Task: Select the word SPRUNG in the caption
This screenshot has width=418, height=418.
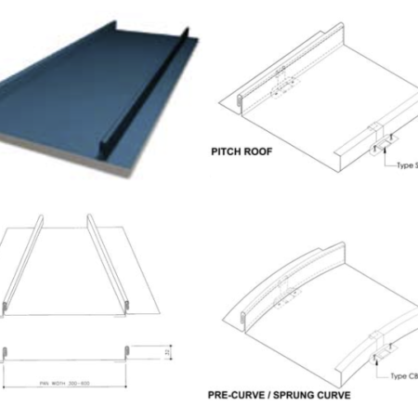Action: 296,393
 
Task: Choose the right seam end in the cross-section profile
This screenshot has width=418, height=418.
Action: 126,352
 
